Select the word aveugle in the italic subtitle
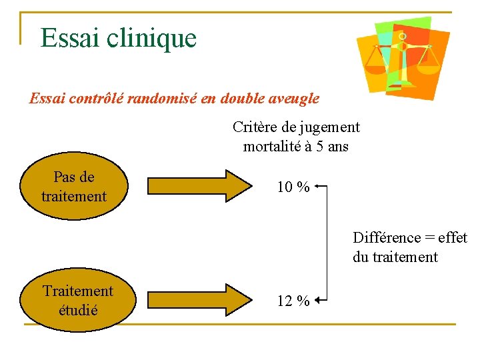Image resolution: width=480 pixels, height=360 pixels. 293,99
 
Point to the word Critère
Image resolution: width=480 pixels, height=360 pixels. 255,127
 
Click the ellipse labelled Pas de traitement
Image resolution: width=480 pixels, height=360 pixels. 74,187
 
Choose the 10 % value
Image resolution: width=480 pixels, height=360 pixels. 293,187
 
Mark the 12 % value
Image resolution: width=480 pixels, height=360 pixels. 293,301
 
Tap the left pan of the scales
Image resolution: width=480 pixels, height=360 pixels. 377,65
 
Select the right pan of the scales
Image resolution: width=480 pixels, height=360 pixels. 429,65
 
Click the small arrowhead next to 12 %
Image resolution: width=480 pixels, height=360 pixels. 317,301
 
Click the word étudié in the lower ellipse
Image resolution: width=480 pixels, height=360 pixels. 78,310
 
